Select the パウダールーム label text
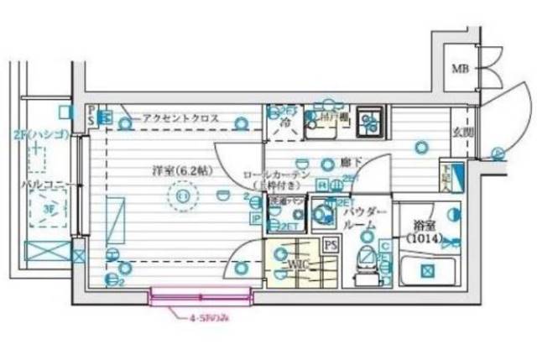click(x=365, y=221)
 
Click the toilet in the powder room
click(x=367, y=258)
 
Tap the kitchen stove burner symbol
click(x=368, y=123)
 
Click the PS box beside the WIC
click(x=330, y=246)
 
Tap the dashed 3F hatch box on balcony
click(x=40, y=210)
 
